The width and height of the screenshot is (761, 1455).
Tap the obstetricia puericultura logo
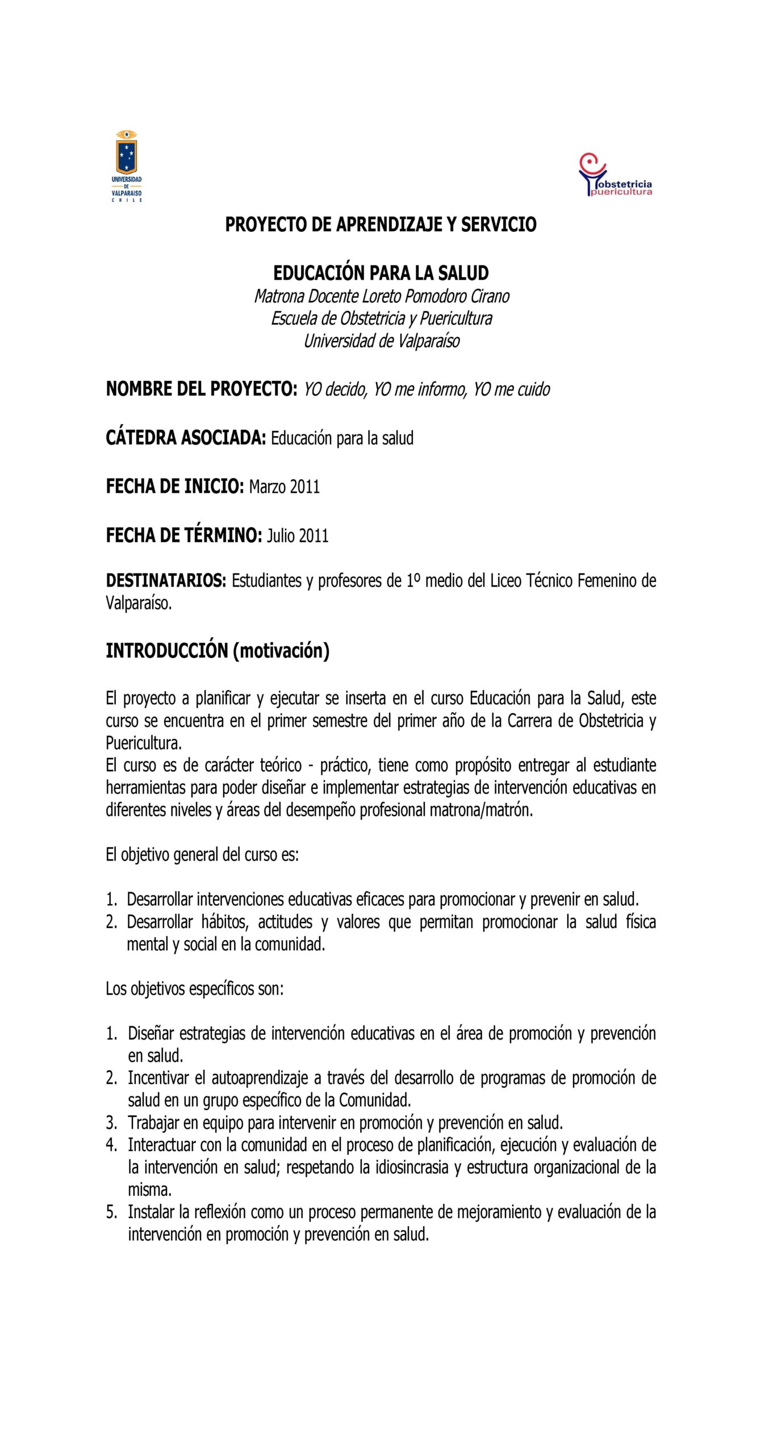pos(615,175)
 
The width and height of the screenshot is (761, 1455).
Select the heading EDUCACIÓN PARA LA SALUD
pos(380,273)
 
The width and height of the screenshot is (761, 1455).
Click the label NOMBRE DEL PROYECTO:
pos(202,389)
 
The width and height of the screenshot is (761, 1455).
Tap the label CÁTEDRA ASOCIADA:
pos(186,438)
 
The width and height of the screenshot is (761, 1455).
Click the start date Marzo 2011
pos(285,487)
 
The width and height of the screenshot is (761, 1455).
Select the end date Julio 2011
pos(298,535)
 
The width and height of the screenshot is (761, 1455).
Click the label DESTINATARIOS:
pos(166,580)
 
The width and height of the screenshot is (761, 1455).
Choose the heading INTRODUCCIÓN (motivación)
pos(218,651)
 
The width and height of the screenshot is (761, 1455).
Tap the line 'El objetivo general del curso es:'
pos(202,854)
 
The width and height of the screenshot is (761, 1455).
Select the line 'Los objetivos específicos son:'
pos(194,988)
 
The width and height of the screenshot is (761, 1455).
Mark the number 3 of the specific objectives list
pos(111,1123)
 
